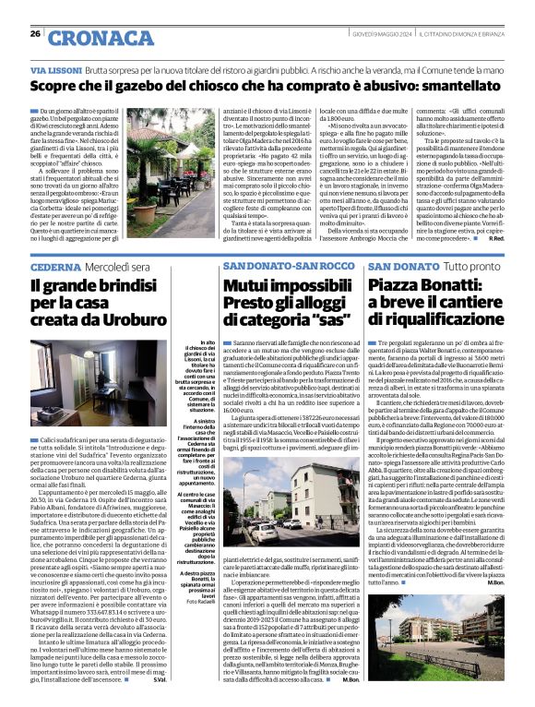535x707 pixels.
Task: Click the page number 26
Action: coord(35,34)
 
